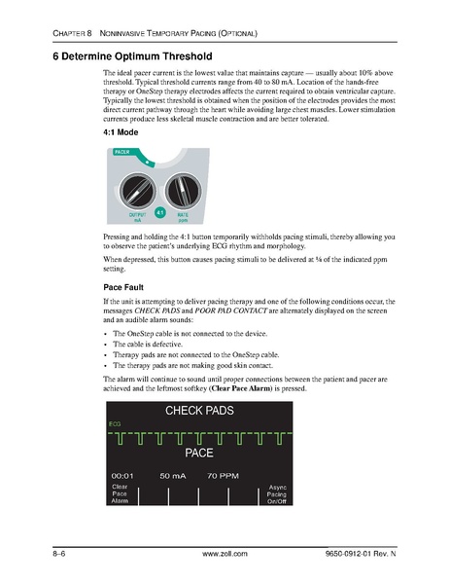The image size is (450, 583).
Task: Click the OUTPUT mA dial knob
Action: (137, 186)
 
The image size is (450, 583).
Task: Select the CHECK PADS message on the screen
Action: (199, 412)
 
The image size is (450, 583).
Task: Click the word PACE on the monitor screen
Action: (198, 454)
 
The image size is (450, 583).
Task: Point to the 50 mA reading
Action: (172, 475)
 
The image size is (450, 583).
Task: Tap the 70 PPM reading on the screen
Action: (224, 475)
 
